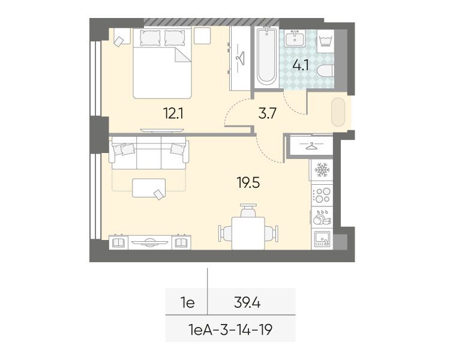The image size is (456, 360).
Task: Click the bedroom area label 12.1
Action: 173,113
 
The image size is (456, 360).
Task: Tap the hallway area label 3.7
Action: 267,113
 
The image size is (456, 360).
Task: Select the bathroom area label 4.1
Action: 301,65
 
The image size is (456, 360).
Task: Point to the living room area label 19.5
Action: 248,183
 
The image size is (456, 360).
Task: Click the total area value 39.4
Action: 247,303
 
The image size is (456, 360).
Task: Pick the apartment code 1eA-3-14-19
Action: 230,330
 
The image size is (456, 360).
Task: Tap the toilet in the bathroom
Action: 325,71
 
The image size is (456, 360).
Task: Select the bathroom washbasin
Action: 295,38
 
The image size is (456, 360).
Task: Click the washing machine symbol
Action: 325,41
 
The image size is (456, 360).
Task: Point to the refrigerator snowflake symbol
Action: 322,170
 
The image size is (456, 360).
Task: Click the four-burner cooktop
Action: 322,195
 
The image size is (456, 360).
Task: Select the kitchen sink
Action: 322,239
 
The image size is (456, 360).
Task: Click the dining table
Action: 248,233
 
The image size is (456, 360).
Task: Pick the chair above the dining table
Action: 248,210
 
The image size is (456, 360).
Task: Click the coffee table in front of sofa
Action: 149,188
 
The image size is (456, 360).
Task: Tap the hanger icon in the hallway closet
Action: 311,145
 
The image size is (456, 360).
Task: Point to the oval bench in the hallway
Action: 338,112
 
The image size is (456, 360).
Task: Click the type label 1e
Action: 188,303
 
